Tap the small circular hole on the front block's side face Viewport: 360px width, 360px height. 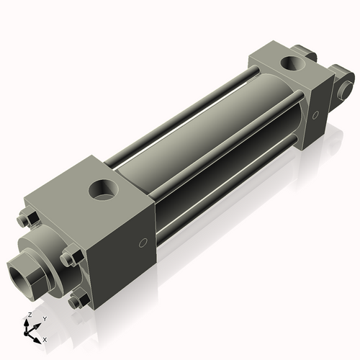(x=143, y=243)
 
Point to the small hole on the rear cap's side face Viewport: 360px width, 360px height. (x=315, y=114)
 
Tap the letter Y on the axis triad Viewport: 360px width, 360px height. (x=44, y=318)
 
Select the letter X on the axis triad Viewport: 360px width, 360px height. (x=45, y=338)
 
